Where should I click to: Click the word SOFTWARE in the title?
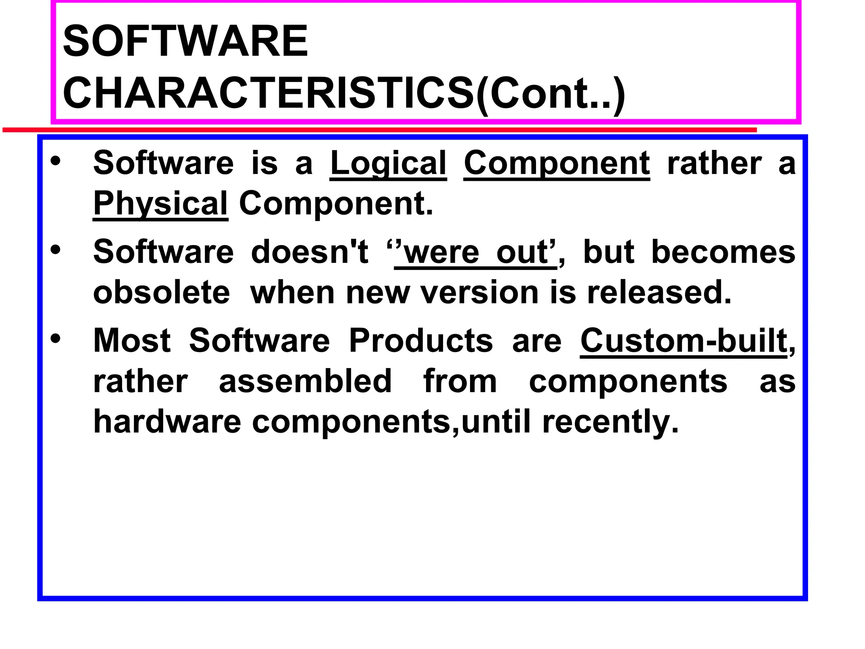pos(185,41)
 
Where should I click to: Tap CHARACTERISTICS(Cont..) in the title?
pos(343,93)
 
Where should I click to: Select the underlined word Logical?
pos(388,163)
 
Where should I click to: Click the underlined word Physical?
pos(160,204)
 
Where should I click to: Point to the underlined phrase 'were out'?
pos(475,252)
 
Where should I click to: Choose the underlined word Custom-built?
pos(684,341)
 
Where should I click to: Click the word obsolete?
pos(161,292)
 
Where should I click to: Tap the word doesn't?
pos(310,252)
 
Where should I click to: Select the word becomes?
pos(723,252)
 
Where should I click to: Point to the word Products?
pos(421,341)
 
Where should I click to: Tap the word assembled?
pos(305,381)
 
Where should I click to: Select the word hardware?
pos(167,421)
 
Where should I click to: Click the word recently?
pos(610,421)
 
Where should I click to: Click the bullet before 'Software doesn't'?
pos(55,249)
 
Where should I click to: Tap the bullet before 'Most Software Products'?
pos(55,338)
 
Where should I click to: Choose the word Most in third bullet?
pos(132,341)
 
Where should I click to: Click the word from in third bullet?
pos(460,381)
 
